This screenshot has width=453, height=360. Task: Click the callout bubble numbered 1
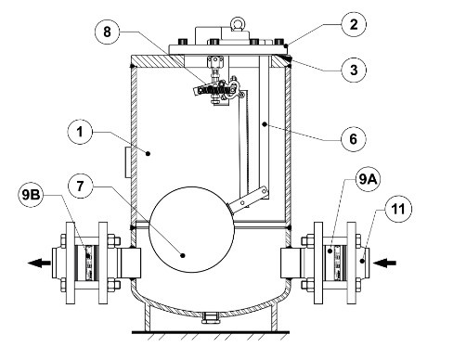point(80,132)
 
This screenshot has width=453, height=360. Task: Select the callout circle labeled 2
point(354,24)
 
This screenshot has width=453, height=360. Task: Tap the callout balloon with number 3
point(354,70)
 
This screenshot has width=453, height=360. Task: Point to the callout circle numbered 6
point(354,139)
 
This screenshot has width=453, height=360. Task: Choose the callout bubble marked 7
point(80,186)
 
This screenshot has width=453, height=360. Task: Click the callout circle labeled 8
point(107,32)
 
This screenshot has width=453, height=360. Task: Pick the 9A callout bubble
point(368,179)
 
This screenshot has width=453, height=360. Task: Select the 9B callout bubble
point(31,195)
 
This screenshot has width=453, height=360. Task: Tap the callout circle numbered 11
point(398,209)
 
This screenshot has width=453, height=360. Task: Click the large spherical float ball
point(191,229)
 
